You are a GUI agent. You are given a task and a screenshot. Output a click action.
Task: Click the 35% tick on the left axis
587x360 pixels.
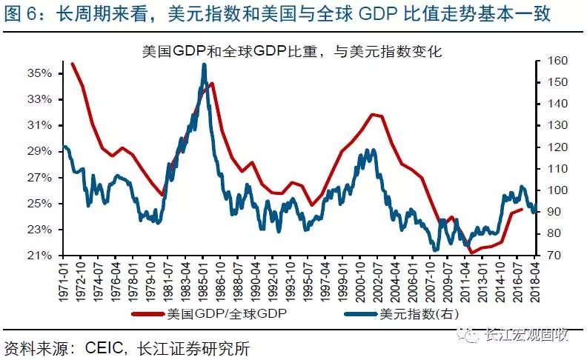pos(39,73)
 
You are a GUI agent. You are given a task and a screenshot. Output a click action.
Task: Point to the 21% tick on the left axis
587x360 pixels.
pos(39,256)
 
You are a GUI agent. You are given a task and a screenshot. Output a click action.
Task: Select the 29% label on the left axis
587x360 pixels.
pos(39,151)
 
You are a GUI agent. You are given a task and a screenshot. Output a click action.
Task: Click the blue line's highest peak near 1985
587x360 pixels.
pos(204,65)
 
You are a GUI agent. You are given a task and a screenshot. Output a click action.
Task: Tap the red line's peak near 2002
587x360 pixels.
pos(373,114)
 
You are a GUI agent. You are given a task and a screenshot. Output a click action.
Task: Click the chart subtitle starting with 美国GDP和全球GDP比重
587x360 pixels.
pos(292,51)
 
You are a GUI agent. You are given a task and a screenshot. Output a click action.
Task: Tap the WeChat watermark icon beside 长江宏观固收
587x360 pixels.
pos(468,335)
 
